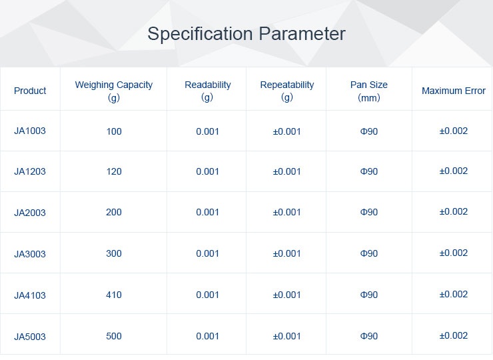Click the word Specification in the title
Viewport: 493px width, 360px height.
200,34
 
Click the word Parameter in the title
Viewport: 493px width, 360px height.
302,33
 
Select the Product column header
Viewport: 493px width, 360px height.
30,91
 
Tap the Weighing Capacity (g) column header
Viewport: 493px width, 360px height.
113,91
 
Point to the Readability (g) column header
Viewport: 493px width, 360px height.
207,91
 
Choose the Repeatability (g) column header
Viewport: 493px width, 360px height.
287,91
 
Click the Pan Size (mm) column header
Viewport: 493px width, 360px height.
369,91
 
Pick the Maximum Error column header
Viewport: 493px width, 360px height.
454,91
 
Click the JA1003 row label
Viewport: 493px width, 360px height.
30,131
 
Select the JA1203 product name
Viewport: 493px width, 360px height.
30,171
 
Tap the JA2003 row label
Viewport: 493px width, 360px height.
30,213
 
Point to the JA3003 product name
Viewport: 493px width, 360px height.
30,253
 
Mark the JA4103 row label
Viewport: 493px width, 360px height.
30,295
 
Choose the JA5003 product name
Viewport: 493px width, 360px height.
30,337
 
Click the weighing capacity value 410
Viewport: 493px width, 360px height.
113,295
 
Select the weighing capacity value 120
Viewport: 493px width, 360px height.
113,171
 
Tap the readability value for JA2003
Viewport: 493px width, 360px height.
207,212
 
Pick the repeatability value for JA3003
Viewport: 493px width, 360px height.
286,253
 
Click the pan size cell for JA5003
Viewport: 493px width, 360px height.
369,336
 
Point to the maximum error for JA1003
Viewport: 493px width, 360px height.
454,131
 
